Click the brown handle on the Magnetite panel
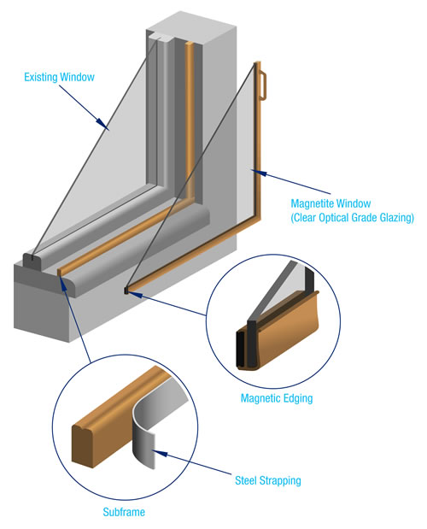click(265, 82)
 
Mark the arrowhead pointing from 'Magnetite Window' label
click(254, 172)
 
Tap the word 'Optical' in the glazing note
click(339, 218)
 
